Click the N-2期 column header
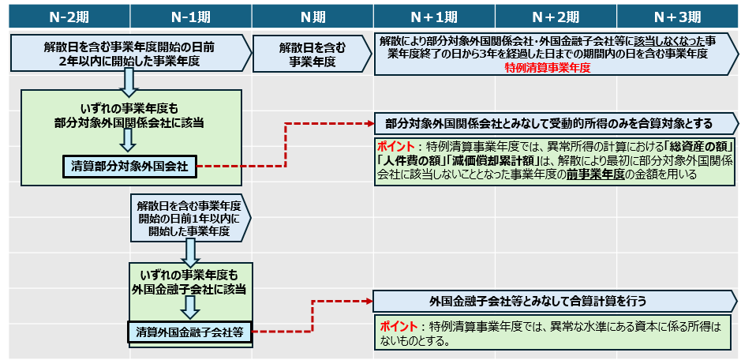[x=69, y=16]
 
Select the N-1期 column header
[x=190, y=16]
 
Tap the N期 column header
[x=312, y=16]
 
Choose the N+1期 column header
[x=434, y=16]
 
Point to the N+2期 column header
[x=556, y=16]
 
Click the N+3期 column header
[x=678, y=16]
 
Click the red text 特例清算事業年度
[x=548, y=69]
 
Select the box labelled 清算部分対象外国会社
[x=129, y=166]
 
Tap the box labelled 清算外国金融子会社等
[x=189, y=332]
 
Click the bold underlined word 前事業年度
[x=591, y=175]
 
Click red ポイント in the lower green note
[x=399, y=327]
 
